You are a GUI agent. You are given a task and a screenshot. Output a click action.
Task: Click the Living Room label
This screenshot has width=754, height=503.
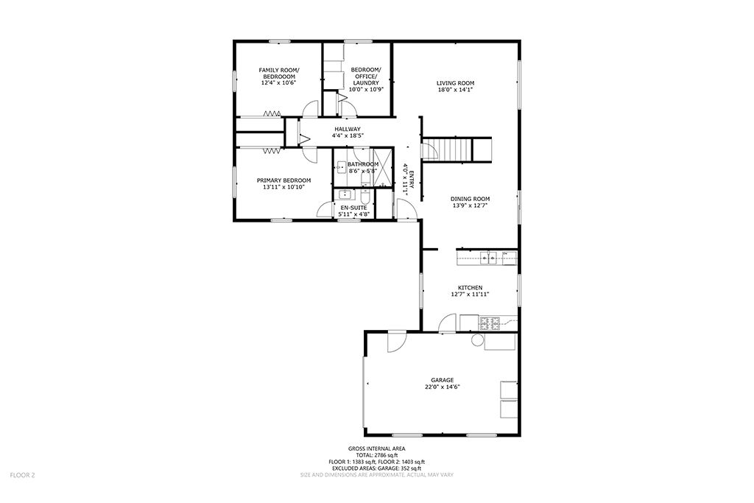click(455, 82)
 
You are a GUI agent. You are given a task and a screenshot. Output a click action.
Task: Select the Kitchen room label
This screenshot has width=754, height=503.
click(470, 287)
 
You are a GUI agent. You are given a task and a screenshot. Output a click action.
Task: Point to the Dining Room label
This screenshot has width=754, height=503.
click(470, 199)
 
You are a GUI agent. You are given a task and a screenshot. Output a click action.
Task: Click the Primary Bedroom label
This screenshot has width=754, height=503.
click(283, 180)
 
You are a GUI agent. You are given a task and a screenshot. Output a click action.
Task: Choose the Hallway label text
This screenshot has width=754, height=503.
click(348, 129)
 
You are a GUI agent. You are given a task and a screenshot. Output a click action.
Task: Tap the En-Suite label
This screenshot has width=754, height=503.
click(353, 208)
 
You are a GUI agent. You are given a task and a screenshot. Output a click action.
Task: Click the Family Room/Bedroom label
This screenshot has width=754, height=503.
click(279, 73)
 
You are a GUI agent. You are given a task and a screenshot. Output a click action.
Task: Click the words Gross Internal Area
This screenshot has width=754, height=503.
click(376, 449)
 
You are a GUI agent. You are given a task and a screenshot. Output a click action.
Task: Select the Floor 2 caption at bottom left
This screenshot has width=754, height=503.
click(22, 475)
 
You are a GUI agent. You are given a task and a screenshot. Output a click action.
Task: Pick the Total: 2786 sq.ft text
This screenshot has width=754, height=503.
click(376, 455)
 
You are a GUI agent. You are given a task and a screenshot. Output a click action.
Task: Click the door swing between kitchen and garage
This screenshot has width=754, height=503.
click(448, 323)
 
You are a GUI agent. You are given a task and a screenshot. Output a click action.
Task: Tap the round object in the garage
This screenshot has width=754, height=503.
click(476, 340)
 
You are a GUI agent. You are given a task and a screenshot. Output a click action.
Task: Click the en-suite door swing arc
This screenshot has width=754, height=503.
click(325, 210)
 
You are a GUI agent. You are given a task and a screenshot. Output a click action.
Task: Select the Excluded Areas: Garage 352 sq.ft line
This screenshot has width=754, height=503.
click(376, 468)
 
